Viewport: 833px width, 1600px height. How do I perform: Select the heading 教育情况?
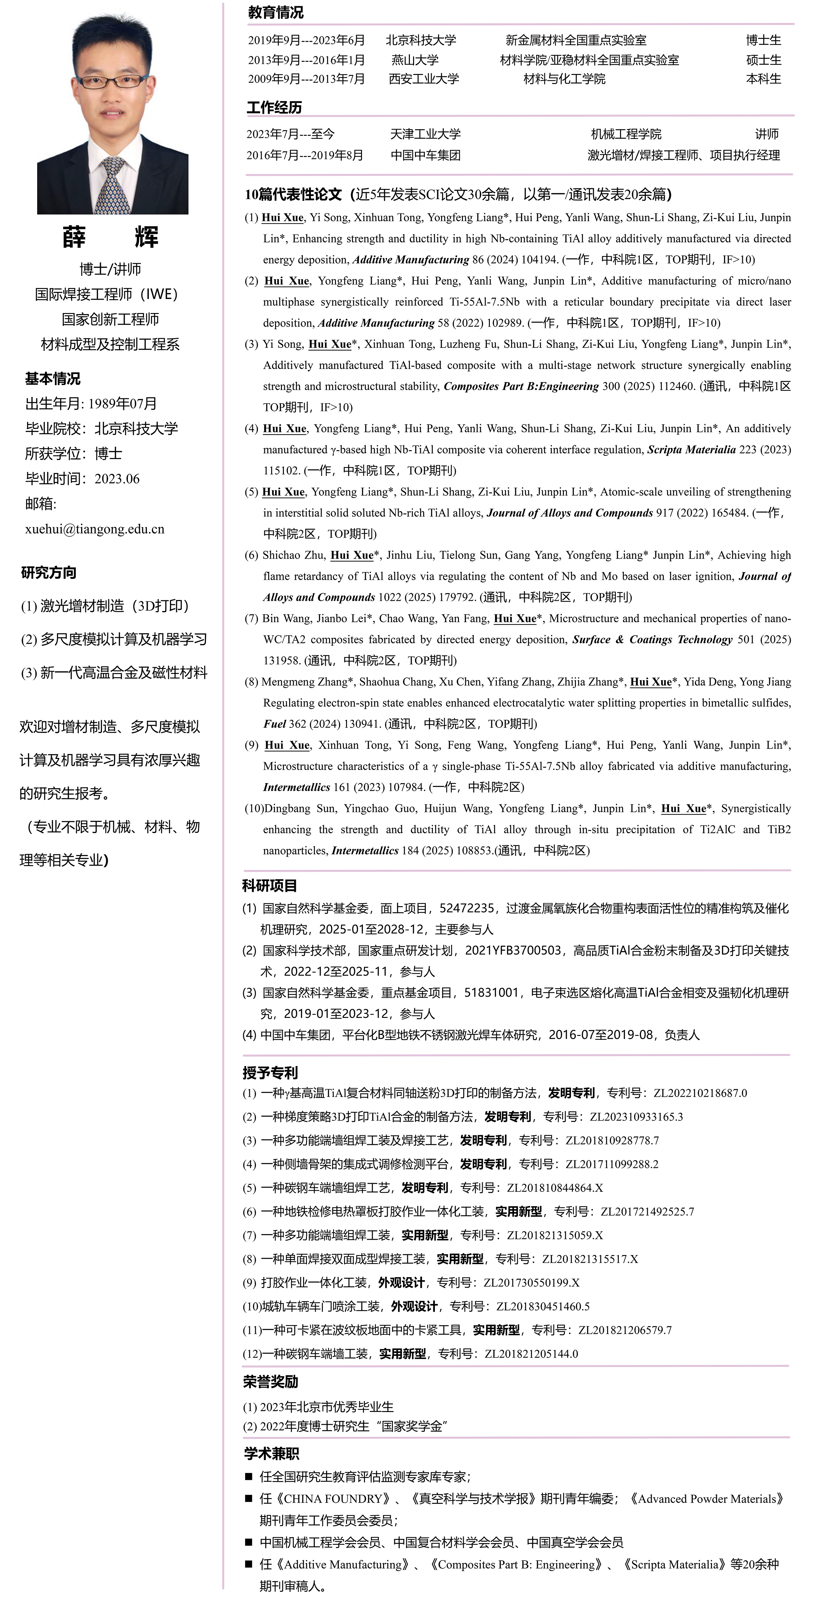276,12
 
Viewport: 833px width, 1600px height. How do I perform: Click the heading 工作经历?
274,107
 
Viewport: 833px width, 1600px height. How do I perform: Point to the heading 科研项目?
270,886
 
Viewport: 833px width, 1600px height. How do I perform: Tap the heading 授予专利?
270,1073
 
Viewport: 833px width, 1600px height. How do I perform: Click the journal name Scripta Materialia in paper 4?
691,450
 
